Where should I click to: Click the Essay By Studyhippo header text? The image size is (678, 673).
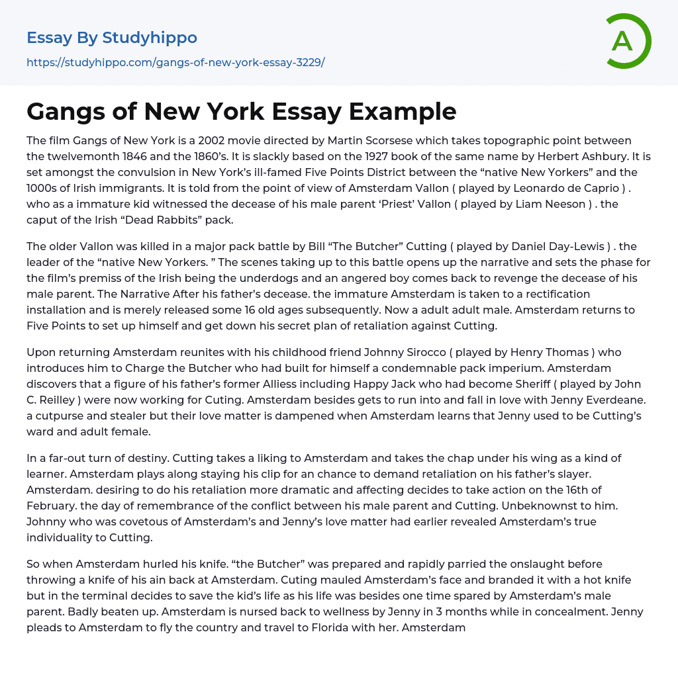[x=112, y=38]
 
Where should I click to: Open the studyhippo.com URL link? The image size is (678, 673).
[x=175, y=62]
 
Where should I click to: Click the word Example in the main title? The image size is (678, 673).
[x=403, y=112]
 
